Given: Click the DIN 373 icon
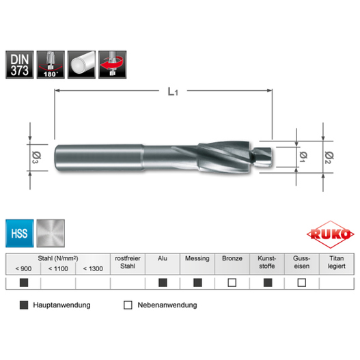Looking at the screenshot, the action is click(20, 65).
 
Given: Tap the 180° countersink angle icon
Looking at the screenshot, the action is click(51, 65).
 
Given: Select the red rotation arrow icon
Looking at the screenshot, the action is click(113, 65).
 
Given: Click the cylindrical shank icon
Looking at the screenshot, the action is click(81, 65).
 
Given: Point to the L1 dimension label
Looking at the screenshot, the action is click(173, 92).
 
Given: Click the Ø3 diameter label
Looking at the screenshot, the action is click(36, 157).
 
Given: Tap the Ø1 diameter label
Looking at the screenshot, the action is click(303, 157).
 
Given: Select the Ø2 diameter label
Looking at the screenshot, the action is click(329, 158).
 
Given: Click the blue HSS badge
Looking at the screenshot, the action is click(20, 233).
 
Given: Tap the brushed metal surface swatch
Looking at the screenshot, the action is click(51, 233).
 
